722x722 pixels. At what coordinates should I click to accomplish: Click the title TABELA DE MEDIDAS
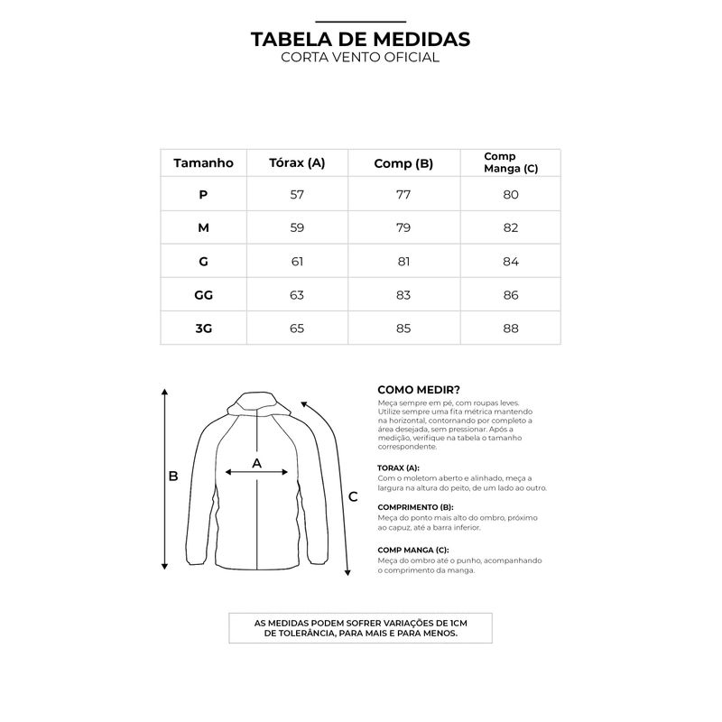coord(360,40)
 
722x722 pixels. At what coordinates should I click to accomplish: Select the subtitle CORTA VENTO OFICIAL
coord(360,58)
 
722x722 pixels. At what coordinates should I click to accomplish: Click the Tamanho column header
coord(203,163)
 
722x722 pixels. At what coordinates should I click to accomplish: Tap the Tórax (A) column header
coord(297,163)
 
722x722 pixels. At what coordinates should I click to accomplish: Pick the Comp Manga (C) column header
coord(511,162)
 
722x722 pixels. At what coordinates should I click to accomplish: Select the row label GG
coord(203,295)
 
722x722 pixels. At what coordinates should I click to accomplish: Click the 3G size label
coord(203,328)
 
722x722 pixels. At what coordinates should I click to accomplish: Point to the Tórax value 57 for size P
coord(297,194)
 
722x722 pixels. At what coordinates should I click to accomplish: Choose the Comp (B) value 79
coord(403,227)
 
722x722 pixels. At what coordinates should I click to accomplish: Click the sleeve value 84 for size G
coord(511,262)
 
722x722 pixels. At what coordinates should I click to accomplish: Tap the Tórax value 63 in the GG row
coord(297,295)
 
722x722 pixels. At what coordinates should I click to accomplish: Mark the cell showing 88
coord(511,328)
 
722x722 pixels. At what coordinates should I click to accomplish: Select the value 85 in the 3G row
coord(403,328)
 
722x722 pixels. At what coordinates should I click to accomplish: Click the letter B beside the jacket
coord(173,477)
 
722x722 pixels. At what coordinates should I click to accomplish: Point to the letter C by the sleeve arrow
coord(353,495)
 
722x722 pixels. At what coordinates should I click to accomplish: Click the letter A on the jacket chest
coord(256,462)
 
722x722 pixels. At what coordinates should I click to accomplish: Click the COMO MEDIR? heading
coord(419,390)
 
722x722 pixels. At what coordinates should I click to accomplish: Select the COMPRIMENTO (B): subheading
coord(415,508)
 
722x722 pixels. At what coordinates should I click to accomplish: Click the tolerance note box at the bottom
coord(360,627)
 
